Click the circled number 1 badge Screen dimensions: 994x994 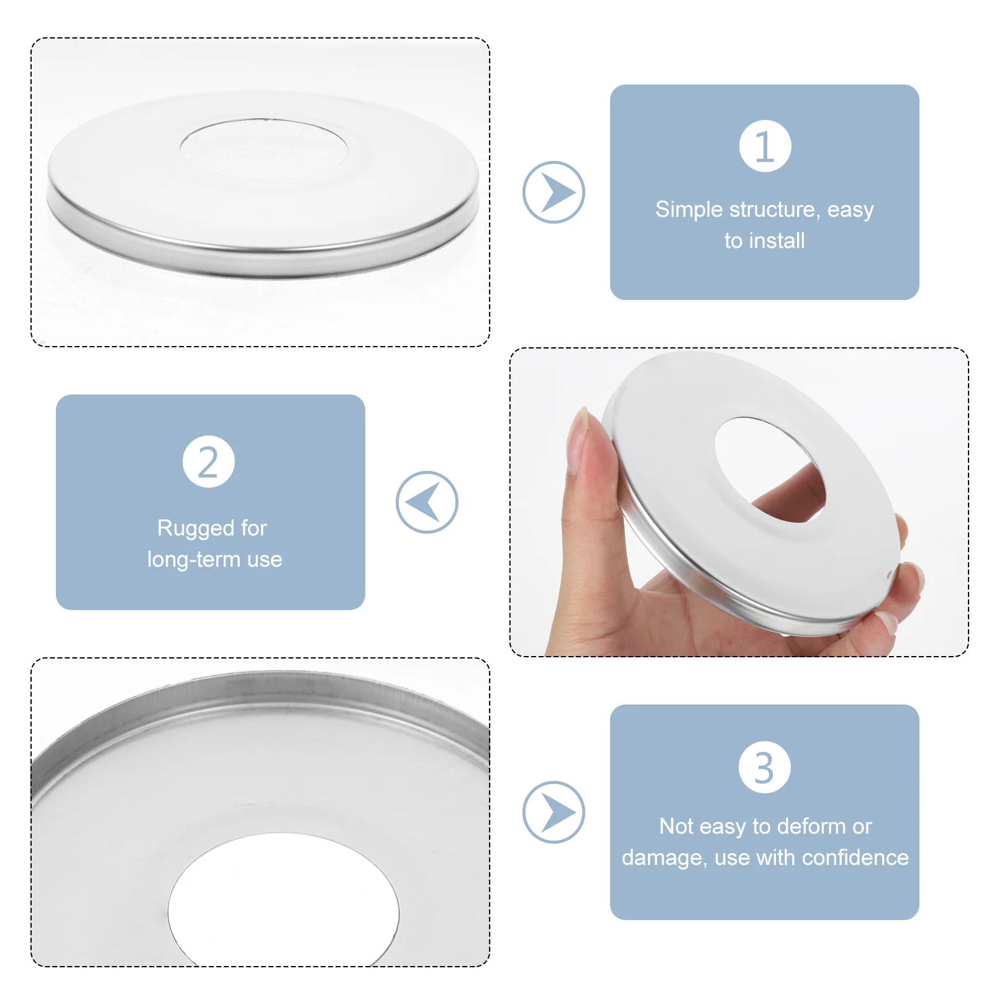(x=765, y=146)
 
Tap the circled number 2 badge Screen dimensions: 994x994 (x=209, y=462)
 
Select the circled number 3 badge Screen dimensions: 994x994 (x=764, y=767)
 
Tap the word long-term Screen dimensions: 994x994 (x=193, y=559)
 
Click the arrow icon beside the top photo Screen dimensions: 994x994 (x=554, y=193)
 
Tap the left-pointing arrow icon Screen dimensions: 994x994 (x=427, y=502)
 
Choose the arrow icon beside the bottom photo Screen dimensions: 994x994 (x=554, y=812)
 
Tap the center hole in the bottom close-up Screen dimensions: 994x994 (x=283, y=901)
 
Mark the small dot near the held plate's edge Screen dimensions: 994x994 (x=890, y=574)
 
